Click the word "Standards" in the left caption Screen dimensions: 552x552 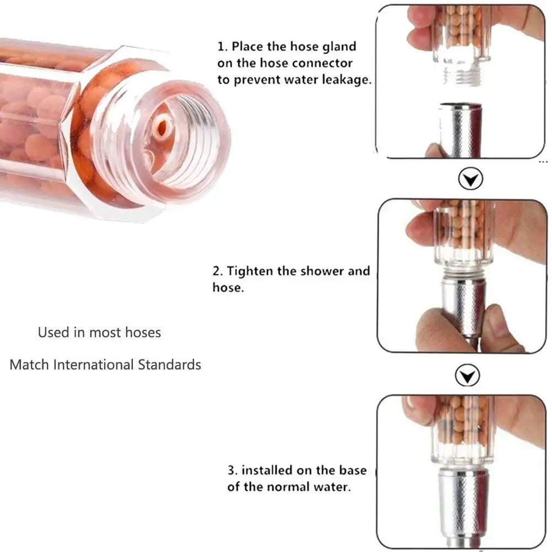click(x=169, y=365)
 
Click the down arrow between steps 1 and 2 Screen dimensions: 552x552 click(x=470, y=179)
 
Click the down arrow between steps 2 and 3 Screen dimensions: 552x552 click(x=467, y=376)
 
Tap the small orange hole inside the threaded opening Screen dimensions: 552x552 click(x=162, y=127)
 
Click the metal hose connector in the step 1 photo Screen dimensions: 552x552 click(x=460, y=130)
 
